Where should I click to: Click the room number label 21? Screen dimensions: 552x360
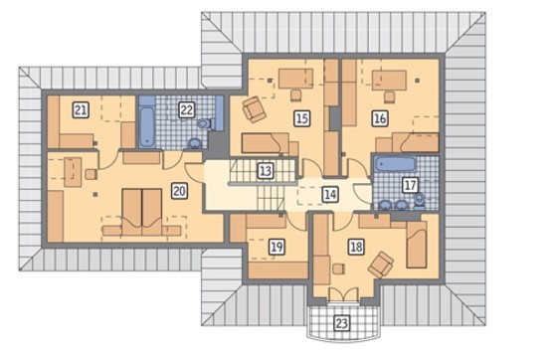coord(81,110)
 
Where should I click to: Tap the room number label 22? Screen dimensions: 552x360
coord(186,110)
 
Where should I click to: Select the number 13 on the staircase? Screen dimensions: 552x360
coord(266,171)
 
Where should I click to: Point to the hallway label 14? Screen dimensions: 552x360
coord(330,195)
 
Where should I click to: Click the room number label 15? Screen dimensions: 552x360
coord(302,118)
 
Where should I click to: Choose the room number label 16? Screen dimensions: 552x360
coord(380,118)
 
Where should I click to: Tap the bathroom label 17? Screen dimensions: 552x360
coord(410,185)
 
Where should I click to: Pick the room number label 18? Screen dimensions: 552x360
coord(356,247)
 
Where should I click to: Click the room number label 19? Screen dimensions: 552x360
coord(276,247)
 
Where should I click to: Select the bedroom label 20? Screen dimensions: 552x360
coord(179,191)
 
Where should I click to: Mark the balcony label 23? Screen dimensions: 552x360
coord(342,323)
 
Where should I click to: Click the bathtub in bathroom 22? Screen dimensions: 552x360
coord(146,127)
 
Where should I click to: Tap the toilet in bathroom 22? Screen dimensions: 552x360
coord(205,123)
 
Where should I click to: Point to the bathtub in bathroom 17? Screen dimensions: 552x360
coord(395,164)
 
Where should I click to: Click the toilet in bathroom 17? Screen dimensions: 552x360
coord(419,201)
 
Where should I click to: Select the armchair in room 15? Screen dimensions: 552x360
coord(253,109)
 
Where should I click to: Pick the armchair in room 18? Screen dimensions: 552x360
coord(381,264)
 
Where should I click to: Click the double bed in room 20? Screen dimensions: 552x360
coord(142,213)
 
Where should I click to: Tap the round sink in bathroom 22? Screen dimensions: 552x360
coord(193,143)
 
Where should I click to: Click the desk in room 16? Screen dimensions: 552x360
coord(389,81)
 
